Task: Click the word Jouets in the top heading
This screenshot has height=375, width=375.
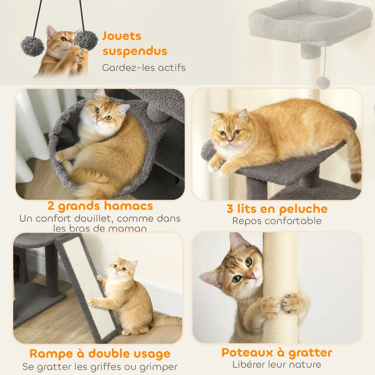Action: tap(122, 36)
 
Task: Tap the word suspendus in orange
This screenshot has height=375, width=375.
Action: tap(135, 51)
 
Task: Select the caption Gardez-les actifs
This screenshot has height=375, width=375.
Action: tap(144, 67)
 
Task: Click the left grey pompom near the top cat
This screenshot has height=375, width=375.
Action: tap(32, 46)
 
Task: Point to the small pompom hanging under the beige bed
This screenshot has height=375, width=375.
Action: tap(322, 82)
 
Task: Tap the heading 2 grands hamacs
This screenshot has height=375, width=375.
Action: tap(100, 206)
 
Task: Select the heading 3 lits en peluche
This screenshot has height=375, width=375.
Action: tap(277, 209)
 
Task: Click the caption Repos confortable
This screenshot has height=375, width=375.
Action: tap(277, 221)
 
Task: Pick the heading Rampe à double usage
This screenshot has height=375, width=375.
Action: tap(100, 353)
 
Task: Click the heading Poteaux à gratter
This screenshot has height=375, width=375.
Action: tap(277, 352)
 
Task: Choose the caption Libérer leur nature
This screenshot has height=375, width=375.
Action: tap(277, 364)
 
